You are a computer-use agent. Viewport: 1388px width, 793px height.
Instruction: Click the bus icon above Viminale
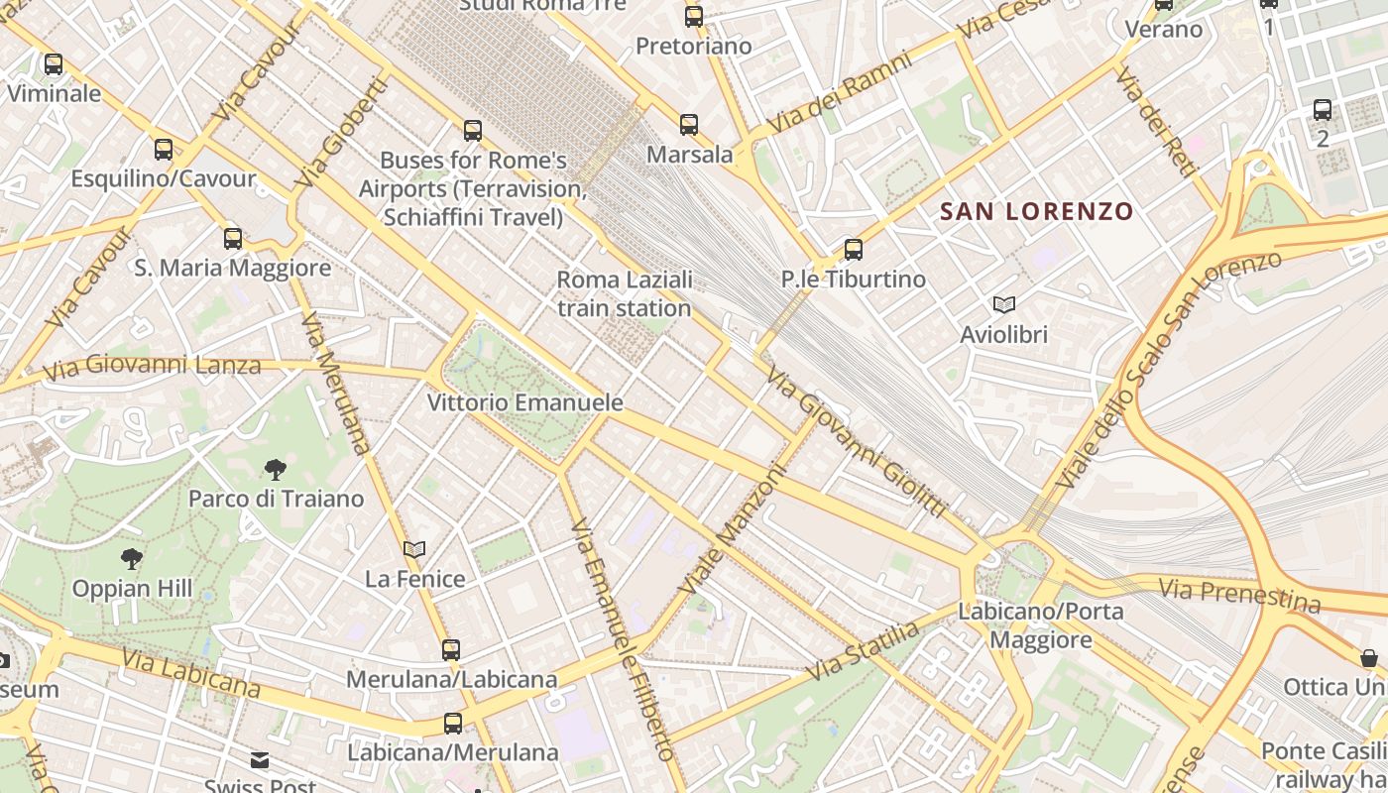[54, 64]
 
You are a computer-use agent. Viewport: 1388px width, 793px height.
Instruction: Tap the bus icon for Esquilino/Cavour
[164, 150]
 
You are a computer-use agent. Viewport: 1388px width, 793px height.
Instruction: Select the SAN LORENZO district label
[1036, 211]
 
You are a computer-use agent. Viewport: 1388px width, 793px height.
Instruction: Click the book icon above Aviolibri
[1003, 305]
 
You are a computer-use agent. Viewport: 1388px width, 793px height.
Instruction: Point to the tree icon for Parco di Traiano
[276, 470]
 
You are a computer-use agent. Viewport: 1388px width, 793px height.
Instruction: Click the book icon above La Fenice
[414, 550]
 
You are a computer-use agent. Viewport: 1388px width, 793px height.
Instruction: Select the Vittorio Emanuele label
[524, 402]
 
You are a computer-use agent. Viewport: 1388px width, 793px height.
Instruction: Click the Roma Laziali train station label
[624, 294]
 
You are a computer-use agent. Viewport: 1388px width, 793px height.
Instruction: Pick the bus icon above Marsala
[689, 125]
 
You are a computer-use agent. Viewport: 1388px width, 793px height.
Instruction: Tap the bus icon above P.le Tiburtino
[853, 250]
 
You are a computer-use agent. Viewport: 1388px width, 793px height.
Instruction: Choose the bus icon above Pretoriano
[694, 17]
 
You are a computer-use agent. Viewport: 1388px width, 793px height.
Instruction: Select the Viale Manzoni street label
[732, 531]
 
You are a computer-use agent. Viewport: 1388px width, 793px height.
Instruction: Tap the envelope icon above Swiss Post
[260, 760]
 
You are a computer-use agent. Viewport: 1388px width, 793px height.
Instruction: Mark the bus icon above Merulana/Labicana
[451, 650]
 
